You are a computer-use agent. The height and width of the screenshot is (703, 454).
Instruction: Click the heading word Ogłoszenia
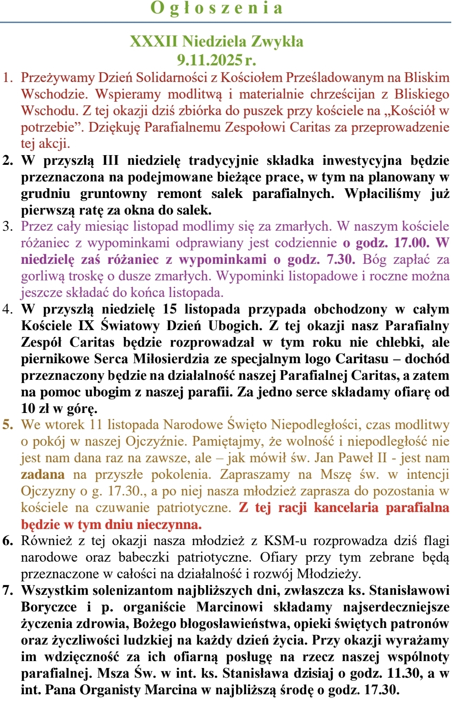[x=217, y=8]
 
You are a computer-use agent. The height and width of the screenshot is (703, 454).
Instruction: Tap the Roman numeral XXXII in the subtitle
[x=153, y=41]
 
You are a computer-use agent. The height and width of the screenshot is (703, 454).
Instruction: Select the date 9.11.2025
[x=210, y=59]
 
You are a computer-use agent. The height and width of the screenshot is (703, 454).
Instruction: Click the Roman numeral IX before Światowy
[x=86, y=325]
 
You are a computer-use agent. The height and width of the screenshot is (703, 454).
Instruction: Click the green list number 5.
[x=7, y=424]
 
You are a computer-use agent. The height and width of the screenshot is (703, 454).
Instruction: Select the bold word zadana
[x=42, y=474]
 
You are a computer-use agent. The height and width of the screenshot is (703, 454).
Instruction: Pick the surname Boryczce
[x=49, y=607]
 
